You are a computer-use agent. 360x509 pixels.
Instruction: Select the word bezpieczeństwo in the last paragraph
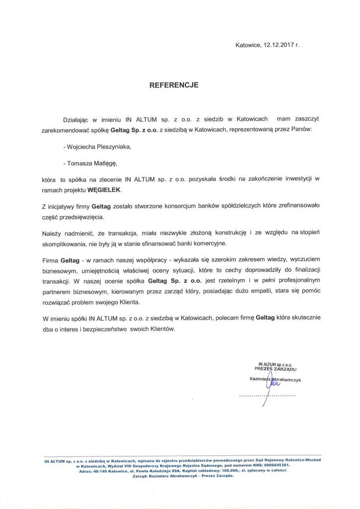[x=104, y=330]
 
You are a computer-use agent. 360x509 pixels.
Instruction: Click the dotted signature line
[x=267, y=395]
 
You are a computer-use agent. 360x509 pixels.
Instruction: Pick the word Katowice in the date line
[x=248, y=46]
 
